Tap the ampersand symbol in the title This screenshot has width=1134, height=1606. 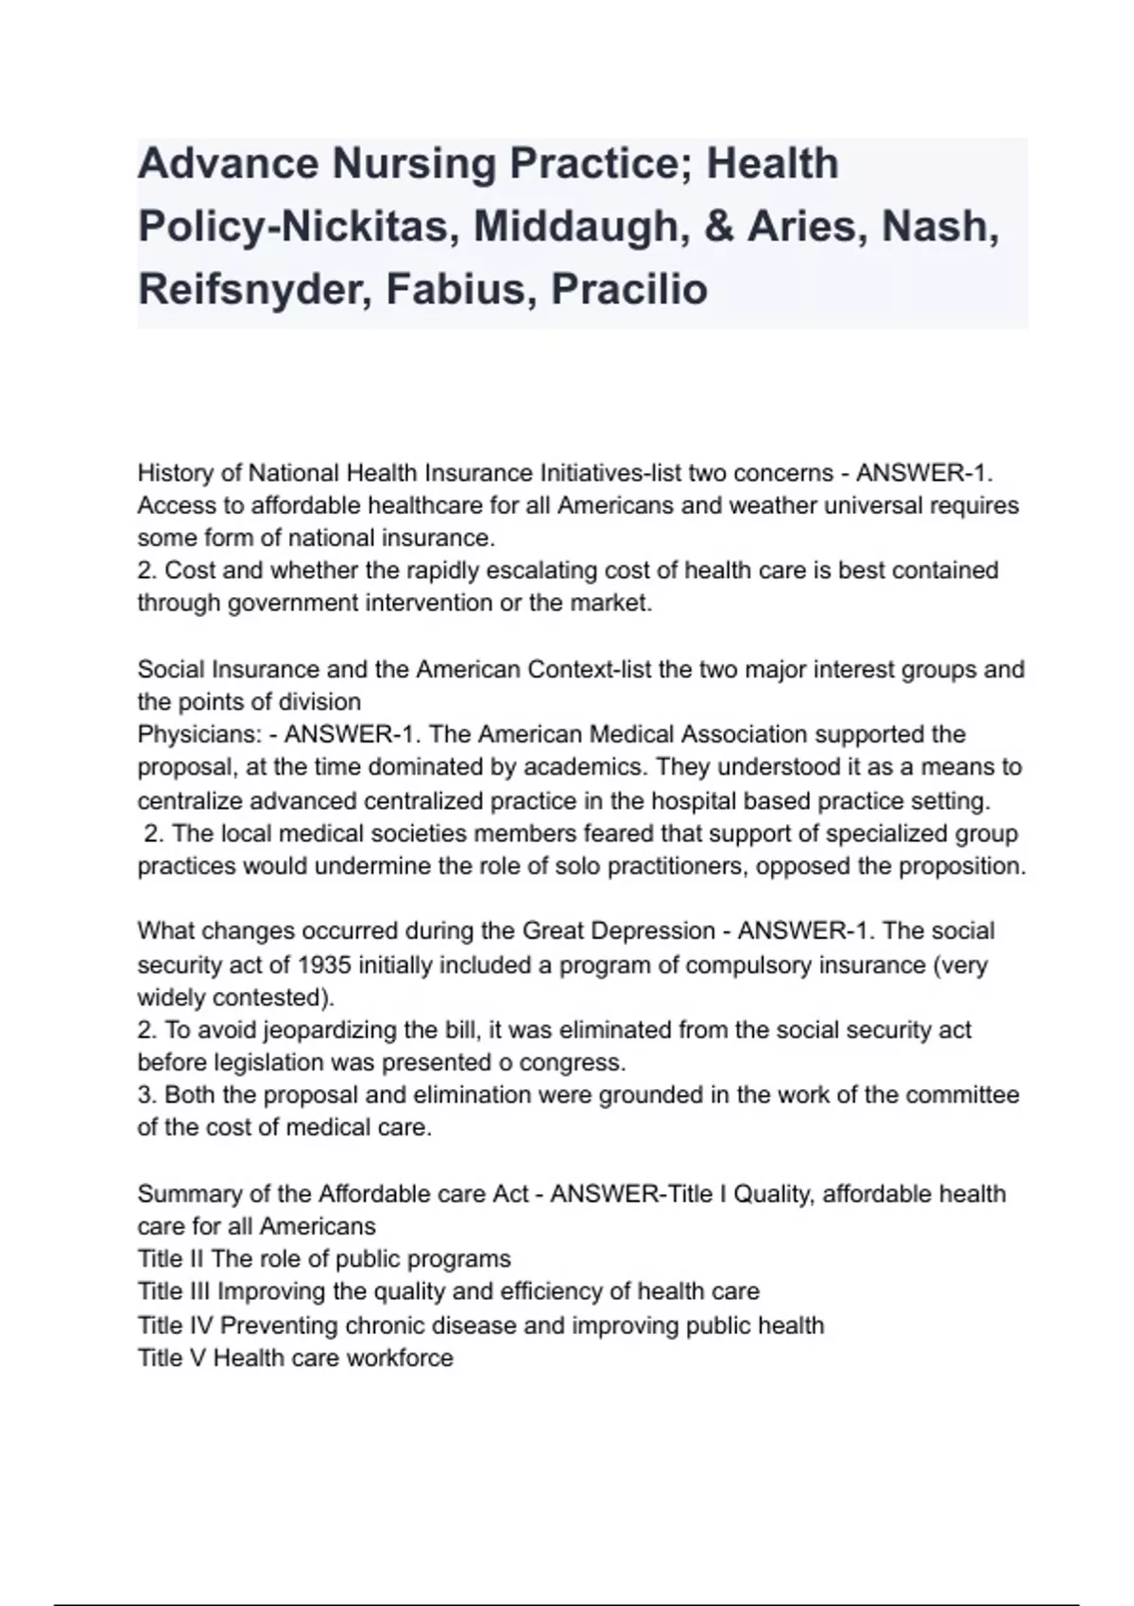[719, 227]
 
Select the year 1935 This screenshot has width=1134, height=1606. [326, 965]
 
